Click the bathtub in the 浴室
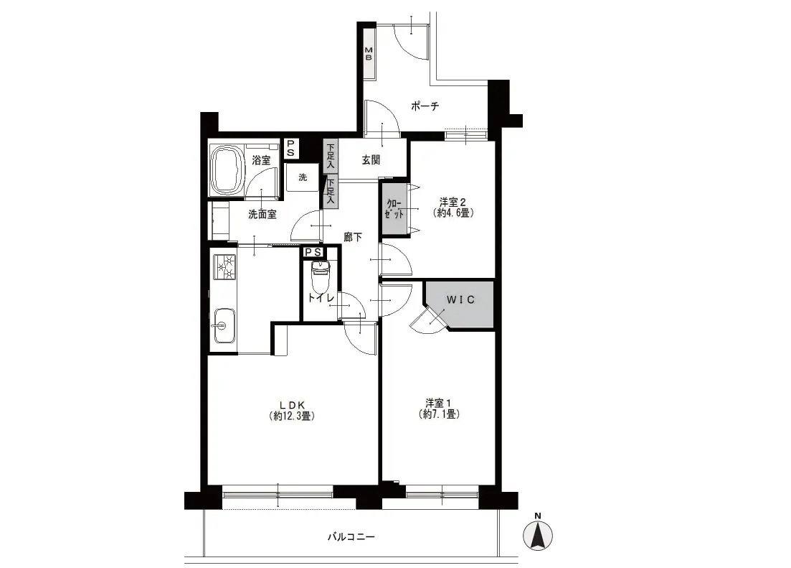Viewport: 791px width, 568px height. coord(227,169)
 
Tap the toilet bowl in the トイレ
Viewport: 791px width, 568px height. coord(319,276)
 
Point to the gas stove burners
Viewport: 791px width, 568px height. coord(224,267)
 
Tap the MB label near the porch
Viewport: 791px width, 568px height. coord(369,54)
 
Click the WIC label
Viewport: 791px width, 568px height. coord(460,299)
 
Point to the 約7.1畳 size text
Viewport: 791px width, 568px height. coord(438,415)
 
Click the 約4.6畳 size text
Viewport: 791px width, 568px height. coord(453,213)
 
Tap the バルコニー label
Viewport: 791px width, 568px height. coord(351,536)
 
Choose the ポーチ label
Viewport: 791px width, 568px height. coord(425,106)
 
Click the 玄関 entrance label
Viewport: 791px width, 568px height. coord(371,160)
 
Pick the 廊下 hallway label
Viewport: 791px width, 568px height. coord(353,236)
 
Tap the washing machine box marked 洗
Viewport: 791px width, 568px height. coord(303,177)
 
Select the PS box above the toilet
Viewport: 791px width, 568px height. coord(313,251)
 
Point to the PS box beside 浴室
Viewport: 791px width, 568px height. coord(290,148)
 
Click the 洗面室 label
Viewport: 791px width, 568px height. coord(262,214)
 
